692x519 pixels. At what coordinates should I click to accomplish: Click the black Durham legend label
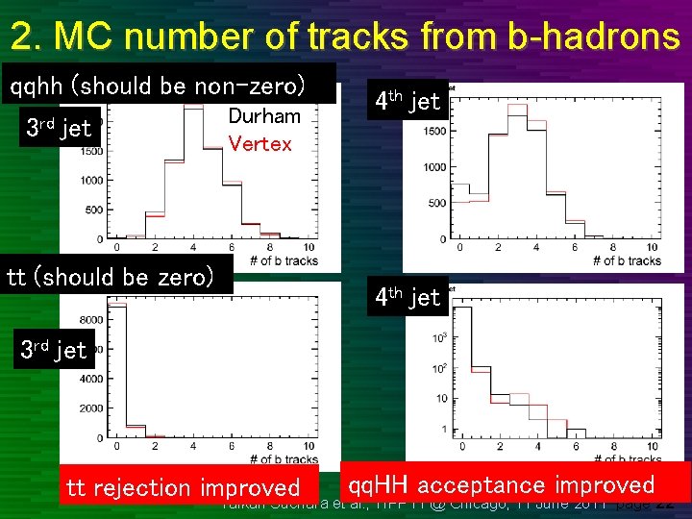pyautogui.click(x=264, y=117)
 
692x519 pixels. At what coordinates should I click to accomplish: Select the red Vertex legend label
pyautogui.click(x=259, y=144)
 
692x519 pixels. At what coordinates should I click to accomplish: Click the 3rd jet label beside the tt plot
pyautogui.click(x=54, y=350)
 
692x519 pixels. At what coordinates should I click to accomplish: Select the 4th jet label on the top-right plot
pyautogui.click(x=407, y=100)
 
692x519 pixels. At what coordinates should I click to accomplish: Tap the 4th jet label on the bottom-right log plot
pyautogui.click(x=407, y=297)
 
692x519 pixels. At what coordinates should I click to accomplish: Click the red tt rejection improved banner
pyautogui.click(x=183, y=488)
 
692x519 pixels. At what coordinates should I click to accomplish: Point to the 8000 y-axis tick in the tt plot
pyautogui.click(x=90, y=319)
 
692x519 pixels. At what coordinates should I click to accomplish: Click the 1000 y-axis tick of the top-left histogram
pyautogui.click(x=92, y=180)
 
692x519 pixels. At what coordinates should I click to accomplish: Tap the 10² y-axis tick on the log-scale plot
pyautogui.click(x=438, y=367)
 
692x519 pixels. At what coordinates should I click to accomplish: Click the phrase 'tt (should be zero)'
pyautogui.click(x=111, y=278)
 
